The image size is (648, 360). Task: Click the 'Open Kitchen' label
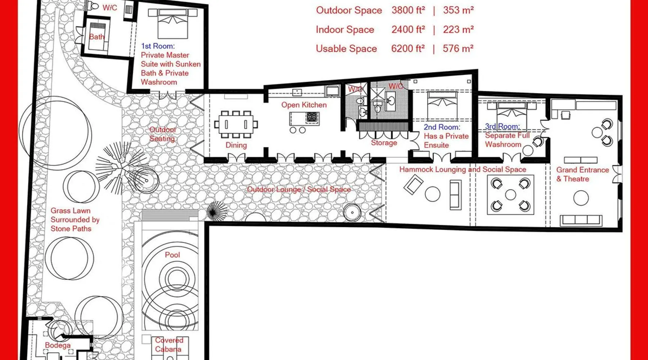304,105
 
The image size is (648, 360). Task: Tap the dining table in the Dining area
236,124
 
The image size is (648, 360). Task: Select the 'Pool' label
172,255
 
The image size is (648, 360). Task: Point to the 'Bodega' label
58,345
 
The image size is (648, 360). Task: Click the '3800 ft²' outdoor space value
408,10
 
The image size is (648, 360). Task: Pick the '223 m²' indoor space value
458,30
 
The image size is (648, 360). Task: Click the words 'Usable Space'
346,49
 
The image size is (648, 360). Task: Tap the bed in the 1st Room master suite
173,24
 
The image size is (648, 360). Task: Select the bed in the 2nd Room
442,106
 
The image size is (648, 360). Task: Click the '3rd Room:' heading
502,126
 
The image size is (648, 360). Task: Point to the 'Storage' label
384,143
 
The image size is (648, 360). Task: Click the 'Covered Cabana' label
169,345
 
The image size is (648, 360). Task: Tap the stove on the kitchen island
312,117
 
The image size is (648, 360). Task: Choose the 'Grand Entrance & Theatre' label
582,174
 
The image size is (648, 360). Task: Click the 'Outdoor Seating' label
162,134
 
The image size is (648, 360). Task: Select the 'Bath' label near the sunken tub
96,37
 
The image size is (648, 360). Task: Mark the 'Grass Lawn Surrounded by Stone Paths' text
75,220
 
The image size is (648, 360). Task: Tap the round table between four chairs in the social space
510,195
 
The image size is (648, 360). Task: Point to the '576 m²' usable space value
458,49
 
